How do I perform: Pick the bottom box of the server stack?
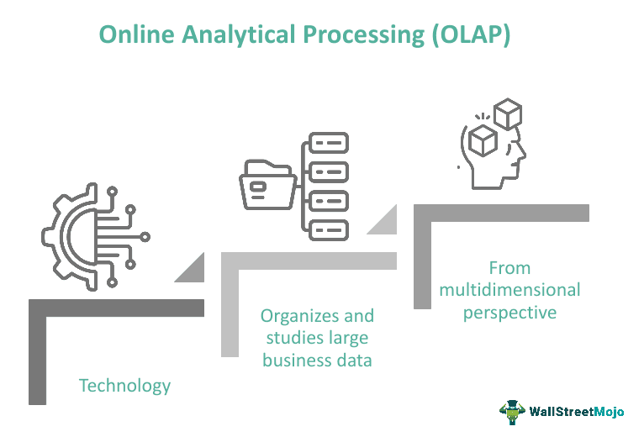(328, 229)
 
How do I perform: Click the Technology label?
(124, 386)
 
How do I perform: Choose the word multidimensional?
(510, 290)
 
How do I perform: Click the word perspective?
(510, 312)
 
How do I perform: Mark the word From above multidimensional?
(509, 268)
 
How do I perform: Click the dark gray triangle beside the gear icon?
(191, 271)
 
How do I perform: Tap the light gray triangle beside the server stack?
(383, 221)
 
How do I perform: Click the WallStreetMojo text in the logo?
(576, 412)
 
